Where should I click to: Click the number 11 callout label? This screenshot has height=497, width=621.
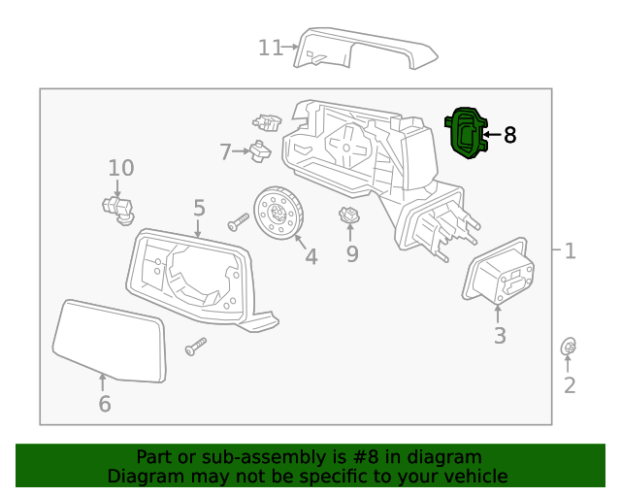(x=270, y=47)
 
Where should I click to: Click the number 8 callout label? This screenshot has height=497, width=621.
(x=509, y=135)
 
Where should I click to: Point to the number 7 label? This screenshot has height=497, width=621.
(x=225, y=152)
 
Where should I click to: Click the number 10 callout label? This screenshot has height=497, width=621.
(x=121, y=167)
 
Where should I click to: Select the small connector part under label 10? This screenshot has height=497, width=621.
(x=116, y=206)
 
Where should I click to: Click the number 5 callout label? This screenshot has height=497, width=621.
(x=199, y=208)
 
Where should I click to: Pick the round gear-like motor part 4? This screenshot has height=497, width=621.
(x=279, y=212)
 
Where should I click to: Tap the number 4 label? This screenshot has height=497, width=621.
(x=310, y=257)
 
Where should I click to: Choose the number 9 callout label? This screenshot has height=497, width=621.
(x=352, y=254)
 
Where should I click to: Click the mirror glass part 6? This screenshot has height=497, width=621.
(x=109, y=340)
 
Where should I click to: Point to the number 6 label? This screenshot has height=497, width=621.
(x=104, y=404)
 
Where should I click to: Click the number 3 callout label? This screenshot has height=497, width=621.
(x=500, y=337)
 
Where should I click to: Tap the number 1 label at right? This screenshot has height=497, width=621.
(x=570, y=251)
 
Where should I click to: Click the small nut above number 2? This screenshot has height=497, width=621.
(x=570, y=347)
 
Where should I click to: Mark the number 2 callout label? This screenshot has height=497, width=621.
(x=570, y=385)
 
